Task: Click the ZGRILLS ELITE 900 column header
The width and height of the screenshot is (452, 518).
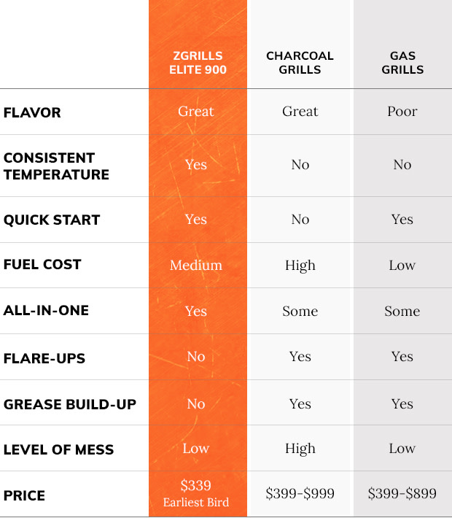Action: click(198, 63)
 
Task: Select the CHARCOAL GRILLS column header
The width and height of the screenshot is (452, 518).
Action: click(300, 63)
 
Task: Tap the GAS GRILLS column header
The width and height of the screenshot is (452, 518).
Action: click(402, 63)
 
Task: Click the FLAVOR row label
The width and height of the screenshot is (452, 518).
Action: click(32, 112)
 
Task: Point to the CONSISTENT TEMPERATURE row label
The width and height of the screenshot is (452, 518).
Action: click(56, 166)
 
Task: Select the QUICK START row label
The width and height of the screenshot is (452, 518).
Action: click(52, 220)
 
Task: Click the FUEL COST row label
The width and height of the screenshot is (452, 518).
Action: click(42, 265)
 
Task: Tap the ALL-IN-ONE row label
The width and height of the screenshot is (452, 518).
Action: click(46, 310)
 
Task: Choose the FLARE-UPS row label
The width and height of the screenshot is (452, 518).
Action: click(44, 358)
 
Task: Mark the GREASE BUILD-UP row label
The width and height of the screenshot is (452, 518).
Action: click(70, 404)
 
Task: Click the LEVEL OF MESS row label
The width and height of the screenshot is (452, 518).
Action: click(59, 449)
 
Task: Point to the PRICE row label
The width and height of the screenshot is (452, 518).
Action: click(24, 495)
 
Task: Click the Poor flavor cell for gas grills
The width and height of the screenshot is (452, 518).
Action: click(402, 112)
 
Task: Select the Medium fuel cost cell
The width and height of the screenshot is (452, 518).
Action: click(196, 265)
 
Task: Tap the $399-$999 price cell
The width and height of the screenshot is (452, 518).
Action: click(300, 494)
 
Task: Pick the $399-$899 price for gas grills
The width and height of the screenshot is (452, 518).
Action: click(402, 494)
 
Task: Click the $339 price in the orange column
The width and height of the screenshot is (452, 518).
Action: click(196, 486)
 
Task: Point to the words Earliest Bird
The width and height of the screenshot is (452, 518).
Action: click(196, 502)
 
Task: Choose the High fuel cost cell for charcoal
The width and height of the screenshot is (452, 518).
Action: click(300, 265)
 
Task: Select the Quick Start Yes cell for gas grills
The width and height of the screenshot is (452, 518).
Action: click(402, 220)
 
